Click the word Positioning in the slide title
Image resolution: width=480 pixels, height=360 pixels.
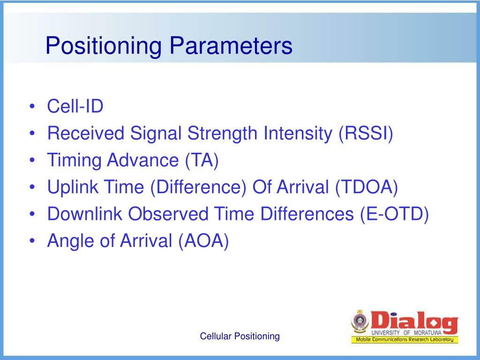tap(104, 46)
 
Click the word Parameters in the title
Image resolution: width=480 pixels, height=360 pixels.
tap(231, 45)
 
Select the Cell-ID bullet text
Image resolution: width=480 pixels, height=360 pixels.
tap(75, 106)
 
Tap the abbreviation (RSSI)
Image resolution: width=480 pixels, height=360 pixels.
tap(366, 134)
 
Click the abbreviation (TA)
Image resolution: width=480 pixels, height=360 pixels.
tap(202, 160)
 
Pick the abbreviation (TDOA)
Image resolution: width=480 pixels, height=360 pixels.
tap(367, 187)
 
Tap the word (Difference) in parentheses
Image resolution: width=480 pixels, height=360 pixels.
tap(198, 187)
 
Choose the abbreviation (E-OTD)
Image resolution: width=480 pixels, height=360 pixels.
tap(394, 214)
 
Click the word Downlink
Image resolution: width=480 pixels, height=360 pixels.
tap(84, 214)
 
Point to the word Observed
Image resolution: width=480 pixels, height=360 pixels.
tap(168, 214)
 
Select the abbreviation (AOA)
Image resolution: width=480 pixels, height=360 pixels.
tap(203, 241)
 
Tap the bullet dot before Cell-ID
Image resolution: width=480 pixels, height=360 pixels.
tap(32, 107)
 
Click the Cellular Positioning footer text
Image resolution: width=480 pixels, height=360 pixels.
tap(240, 336)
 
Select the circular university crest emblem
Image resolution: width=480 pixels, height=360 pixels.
tap(360, 322)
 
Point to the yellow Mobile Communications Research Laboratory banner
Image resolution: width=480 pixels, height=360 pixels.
tap(405, 339)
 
